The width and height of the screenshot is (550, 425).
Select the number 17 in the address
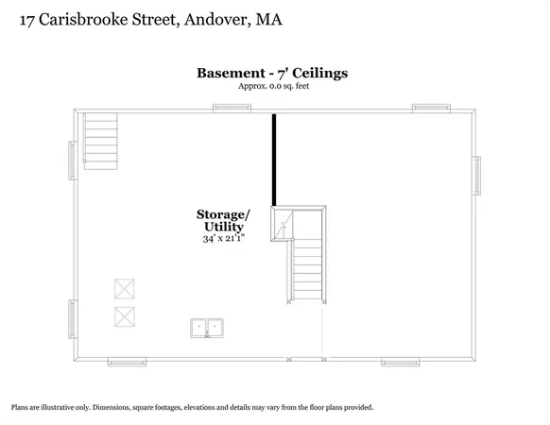tap(28, 19)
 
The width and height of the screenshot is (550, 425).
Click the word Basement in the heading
tap(230, 73)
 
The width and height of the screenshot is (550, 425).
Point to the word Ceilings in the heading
tap(321, 73)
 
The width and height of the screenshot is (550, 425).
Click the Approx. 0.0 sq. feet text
tap(275, 87)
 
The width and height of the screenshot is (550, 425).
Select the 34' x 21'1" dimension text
tap(223, 239)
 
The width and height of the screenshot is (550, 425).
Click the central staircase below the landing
tap(308, 269)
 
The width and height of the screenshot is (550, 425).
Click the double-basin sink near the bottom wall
tap(207, 328)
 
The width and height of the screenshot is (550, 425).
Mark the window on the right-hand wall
tap(477, 175)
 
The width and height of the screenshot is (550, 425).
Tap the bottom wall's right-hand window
tap(400, 361)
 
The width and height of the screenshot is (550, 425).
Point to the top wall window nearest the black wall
tap(232, 107)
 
